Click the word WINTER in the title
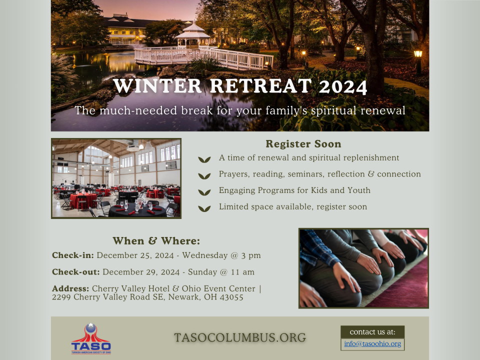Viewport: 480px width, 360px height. tap(157, 86)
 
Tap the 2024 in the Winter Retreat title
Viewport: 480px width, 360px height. tap(343, 86)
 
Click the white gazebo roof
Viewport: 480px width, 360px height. tap(193, 30)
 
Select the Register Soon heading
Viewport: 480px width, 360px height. tap(303, 144)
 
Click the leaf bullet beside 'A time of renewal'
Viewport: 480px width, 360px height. tap(204, 159)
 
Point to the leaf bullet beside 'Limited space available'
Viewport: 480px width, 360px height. tap(204, 209)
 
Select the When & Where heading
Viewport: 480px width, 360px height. tap(156, 241)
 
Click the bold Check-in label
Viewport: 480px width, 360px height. tap(73, 255)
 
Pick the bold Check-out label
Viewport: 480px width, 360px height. tap(76, 272)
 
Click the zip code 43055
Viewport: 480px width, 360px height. tap(231, 297)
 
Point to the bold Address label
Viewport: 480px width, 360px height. tap(70, 288)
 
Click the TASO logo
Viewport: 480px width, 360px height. tap(91, 339)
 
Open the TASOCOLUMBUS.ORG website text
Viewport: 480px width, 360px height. tap(240, 337)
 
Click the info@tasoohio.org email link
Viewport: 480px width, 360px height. tap(372, 344)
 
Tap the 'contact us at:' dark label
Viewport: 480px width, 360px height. tap(372, 332)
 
